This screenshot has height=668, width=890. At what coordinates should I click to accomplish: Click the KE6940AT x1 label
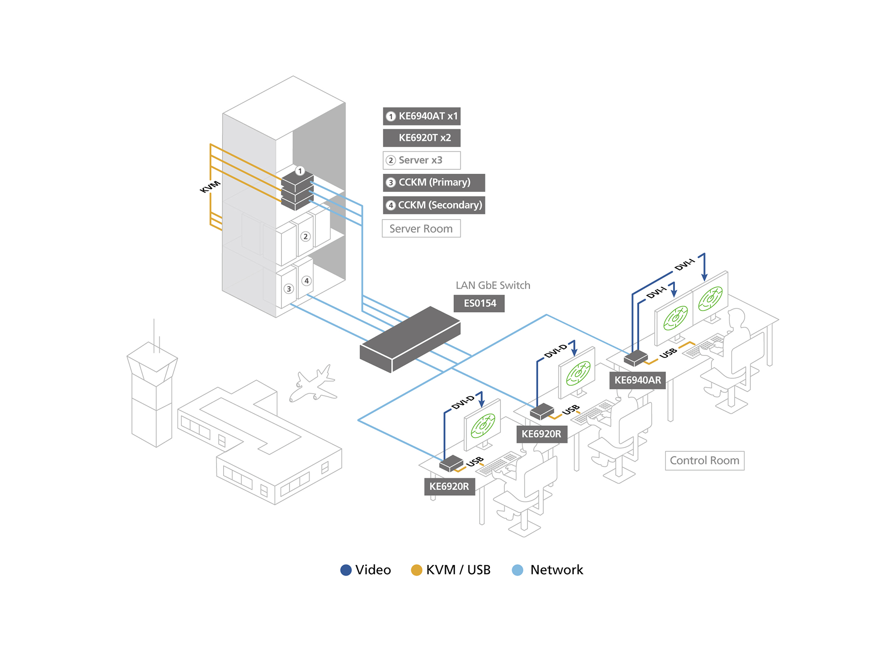422,116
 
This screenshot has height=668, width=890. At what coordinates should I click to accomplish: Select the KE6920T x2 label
422,138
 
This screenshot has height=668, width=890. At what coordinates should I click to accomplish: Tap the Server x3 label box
422,160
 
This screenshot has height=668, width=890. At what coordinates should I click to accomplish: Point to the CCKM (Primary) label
434,182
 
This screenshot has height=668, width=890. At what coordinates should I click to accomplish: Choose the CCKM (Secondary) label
434,205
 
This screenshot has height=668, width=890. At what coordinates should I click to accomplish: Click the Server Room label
421,229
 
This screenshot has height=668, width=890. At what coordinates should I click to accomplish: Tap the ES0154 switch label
479,303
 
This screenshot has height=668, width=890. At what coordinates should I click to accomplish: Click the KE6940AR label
638,380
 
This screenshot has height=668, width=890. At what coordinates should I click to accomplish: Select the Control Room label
704,460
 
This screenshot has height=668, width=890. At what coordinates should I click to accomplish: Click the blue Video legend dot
346,570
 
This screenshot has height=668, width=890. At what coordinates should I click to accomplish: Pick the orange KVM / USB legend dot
417,570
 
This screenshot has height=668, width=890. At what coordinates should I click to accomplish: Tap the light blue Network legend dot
517,570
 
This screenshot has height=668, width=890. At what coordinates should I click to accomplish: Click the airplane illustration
313,385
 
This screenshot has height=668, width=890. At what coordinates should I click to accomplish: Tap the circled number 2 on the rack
306,236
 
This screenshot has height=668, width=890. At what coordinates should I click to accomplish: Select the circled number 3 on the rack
289,289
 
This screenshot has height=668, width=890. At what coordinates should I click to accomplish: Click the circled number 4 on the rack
306,281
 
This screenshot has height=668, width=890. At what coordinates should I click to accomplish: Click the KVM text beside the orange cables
210,186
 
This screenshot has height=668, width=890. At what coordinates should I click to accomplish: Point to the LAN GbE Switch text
493,285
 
